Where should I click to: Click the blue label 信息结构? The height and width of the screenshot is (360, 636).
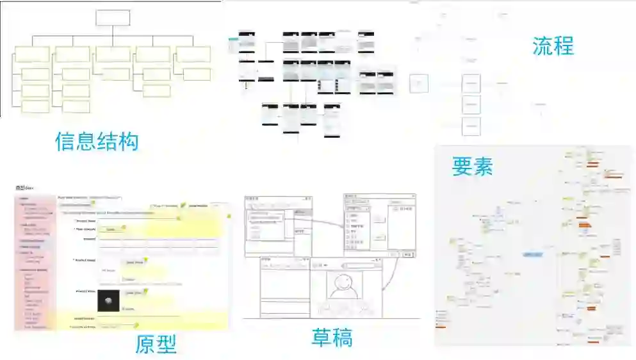[97, 140]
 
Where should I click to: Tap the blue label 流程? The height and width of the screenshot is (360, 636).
[553, 45]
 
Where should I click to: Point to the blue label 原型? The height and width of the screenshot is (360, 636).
[156, 344]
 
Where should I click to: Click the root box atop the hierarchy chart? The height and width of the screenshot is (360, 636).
[113, 17]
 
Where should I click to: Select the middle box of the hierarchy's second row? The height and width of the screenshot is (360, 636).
[113, 54]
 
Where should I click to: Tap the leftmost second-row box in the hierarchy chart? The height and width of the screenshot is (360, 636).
[33, 54]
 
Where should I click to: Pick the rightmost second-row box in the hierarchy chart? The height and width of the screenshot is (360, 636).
[193, 54]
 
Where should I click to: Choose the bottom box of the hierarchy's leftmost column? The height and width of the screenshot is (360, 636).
[35, 106]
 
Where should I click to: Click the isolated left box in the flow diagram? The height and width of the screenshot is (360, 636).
[419, 83]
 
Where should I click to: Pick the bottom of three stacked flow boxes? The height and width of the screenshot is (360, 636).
[471, 126]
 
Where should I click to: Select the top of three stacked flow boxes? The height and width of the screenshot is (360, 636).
[471, 83]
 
